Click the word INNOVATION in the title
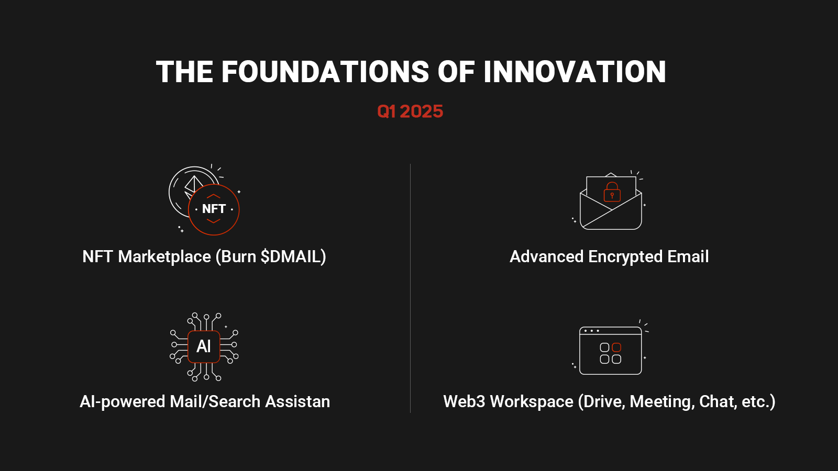pos(575,71)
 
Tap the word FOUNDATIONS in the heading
pos(325,71)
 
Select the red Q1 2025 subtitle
pos(410,111)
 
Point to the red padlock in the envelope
pos(612,192)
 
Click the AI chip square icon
pos(204,346)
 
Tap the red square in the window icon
pos(616,347)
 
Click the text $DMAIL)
pos(293,257)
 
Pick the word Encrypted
pos(625,257)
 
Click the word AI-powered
pos(123,402)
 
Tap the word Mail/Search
pos(215,401)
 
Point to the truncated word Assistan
pos(297,401)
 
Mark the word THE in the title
pos(184,71)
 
